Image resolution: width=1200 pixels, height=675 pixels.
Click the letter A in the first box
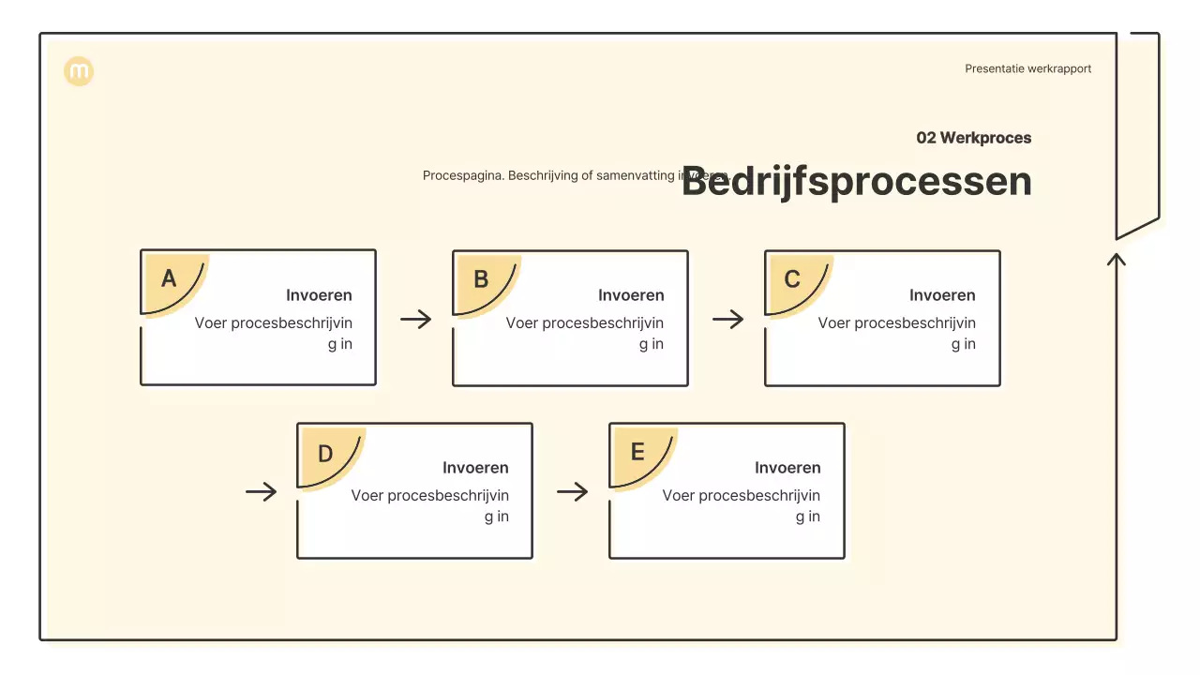click(x=169, y=278)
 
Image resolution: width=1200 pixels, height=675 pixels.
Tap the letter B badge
click(x=481, y=279)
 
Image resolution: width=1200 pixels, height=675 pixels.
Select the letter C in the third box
click(x=792, y=279)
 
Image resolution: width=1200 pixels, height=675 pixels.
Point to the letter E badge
click(x=637, y=453)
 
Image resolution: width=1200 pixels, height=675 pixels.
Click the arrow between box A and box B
click(x=415, y=320)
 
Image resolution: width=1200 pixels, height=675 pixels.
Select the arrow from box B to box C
click(x=727, y=320)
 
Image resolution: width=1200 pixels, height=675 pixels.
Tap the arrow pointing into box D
click(x=262, y=492)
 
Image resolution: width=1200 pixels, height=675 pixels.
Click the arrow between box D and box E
click(x=572, y=492)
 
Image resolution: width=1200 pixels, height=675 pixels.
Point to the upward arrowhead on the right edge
click(x=1116, y=259)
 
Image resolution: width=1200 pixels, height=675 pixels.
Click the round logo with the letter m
click(x=79, y=71)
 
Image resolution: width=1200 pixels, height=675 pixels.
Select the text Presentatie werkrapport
click(x=1027, y=68)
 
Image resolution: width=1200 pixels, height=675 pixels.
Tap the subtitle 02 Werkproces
click(x=973, y=138)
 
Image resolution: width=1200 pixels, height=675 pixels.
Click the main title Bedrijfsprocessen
click(x=856, y=181)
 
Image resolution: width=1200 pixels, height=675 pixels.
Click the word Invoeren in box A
click(x=319, y=295)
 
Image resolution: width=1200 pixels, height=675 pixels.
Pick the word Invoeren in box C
click(x=942, y=295)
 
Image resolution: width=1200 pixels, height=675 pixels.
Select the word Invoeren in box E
click(x=787, y=468)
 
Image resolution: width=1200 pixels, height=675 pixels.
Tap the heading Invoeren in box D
click(x=475, y=468)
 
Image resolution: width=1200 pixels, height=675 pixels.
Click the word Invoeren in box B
click(x=631, y=295)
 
